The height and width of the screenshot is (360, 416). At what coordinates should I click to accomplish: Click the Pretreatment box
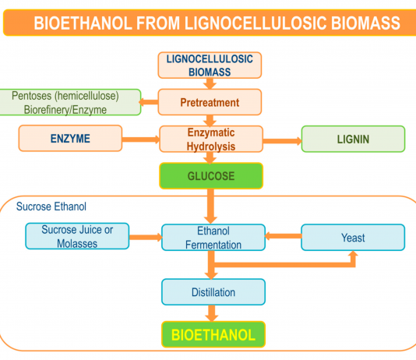point(210,102)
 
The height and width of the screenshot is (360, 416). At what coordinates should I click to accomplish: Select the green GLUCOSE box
point(211,175)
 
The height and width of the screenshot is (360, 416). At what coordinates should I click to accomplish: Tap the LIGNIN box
point(353,139)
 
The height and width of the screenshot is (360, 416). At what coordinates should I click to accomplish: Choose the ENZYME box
point(70,138)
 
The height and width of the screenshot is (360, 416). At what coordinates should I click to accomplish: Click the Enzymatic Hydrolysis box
point(211,139)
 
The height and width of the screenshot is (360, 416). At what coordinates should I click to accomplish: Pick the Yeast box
point(353,238)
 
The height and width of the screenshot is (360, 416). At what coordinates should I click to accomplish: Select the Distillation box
point(213,292)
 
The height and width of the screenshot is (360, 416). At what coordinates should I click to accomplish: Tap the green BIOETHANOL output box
point(213,334)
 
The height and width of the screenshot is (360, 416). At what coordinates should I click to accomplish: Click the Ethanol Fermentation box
point(213,238)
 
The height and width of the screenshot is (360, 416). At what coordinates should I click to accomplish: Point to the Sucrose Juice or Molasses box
point(77,236)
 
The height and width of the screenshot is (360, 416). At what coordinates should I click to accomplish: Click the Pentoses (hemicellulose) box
point(69,102)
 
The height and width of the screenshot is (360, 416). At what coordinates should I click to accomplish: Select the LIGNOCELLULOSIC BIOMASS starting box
point(210,65)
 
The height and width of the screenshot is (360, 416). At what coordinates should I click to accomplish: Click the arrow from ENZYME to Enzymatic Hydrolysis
point(140,139)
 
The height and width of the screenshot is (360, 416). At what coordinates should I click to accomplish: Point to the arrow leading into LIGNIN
point(282,141)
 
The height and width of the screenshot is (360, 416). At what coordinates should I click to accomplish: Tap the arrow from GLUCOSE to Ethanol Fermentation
point(210,206)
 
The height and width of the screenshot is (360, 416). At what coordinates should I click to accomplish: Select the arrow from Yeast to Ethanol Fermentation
point(283,236)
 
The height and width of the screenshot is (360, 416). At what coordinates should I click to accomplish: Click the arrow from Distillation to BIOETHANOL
point(211,313)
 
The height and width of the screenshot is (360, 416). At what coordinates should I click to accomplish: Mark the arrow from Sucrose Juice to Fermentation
point(146,237)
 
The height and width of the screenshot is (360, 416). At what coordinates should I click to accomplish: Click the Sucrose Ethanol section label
point(51,206)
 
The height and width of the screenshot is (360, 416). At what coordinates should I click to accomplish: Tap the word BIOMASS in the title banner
point(365,23)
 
